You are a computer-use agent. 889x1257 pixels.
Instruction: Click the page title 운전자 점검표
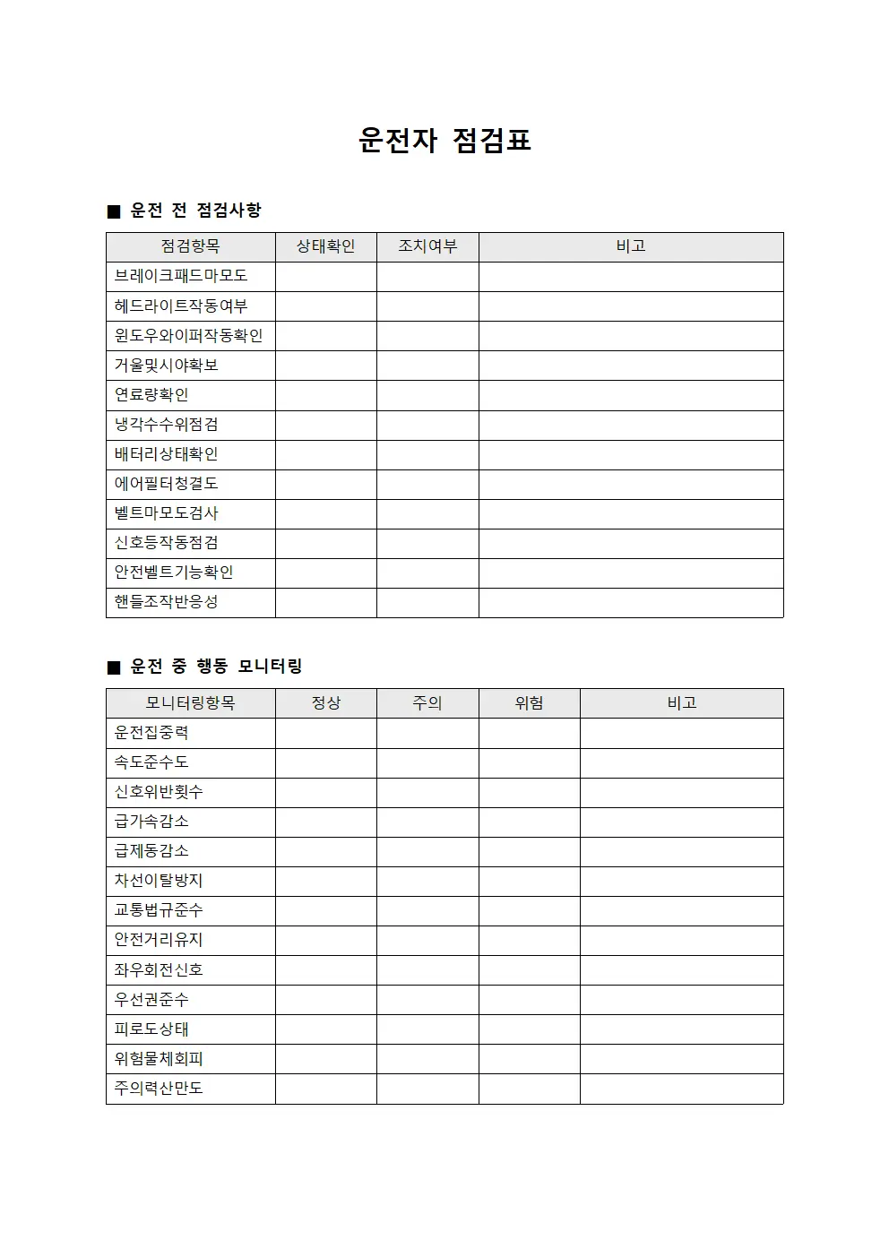tap(444, 140)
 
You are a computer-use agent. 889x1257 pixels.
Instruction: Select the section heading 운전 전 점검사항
tap(195, 211)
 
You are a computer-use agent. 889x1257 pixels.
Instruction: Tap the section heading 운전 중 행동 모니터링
tap(216, 667)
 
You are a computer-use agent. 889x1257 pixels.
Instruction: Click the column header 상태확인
tap(325, 246)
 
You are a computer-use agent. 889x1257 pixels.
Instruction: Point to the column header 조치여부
tap(427, 246)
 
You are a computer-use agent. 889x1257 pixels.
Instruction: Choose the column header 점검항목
tap(190, 246)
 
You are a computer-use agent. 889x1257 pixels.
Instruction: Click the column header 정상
tap(325, 703)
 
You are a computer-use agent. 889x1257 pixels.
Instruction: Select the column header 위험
tap(529, 703)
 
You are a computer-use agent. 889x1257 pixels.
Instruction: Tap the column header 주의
tap(427, 703)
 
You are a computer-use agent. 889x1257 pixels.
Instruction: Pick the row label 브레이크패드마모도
tap(181, 276)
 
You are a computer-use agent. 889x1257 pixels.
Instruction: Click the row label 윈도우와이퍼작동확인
tap(188, 336)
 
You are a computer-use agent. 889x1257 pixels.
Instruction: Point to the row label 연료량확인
tap(151, 395)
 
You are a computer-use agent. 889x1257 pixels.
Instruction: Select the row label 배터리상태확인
tap(166, 454)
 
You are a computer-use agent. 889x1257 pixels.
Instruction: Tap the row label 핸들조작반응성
tap(166, 602)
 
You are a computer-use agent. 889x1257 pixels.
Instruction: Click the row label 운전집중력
tap(151, 733)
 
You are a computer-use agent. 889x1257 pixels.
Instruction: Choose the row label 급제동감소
tap(151, 851)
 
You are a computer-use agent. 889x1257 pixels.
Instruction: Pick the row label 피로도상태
tap(151, 1029)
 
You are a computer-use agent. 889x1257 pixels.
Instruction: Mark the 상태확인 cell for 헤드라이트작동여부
tap(325, 306)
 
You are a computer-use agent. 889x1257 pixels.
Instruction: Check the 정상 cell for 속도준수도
tap(325, 762)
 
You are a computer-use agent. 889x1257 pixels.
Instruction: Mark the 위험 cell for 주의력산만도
tap(529, 1089)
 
